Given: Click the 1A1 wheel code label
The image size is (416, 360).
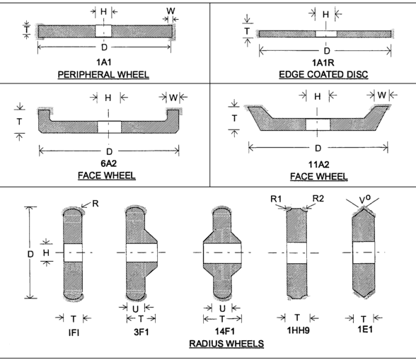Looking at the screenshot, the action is point(103,62).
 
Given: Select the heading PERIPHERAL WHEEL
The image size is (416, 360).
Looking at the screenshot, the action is point(103,74).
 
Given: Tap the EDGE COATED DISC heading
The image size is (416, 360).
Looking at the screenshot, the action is point(323,74).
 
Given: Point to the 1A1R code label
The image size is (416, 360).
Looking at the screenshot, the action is point(323,63).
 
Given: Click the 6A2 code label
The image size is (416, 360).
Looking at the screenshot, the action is point(108,163).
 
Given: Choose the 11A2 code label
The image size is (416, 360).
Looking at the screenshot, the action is point(318,165).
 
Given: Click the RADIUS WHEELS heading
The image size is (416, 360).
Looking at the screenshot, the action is point(226,344).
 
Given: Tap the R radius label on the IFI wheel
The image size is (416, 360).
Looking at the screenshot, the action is point(96,204).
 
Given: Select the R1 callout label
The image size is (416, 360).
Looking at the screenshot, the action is point(276,199).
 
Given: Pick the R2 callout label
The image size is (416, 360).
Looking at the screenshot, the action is point(318,199).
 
